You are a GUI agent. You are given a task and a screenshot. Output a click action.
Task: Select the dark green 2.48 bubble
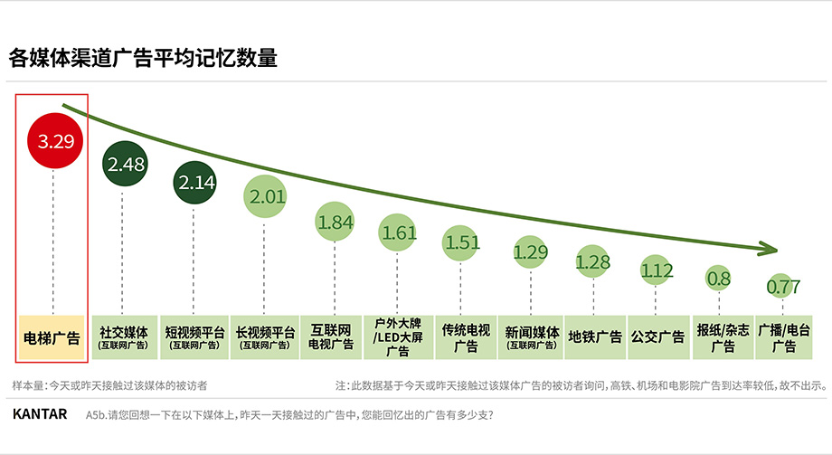125,165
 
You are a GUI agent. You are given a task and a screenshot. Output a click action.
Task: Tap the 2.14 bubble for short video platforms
196,182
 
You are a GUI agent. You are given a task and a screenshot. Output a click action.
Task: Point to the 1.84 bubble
336,222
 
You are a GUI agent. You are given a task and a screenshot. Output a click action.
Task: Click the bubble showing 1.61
398,232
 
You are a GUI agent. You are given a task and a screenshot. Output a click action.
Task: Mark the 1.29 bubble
532,252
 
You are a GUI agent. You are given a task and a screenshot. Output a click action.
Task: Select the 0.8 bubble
719,279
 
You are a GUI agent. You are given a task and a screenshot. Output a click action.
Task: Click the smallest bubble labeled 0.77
783,287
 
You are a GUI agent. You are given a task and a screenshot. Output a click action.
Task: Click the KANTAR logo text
40,414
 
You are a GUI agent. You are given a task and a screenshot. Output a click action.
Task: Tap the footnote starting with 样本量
109,385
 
